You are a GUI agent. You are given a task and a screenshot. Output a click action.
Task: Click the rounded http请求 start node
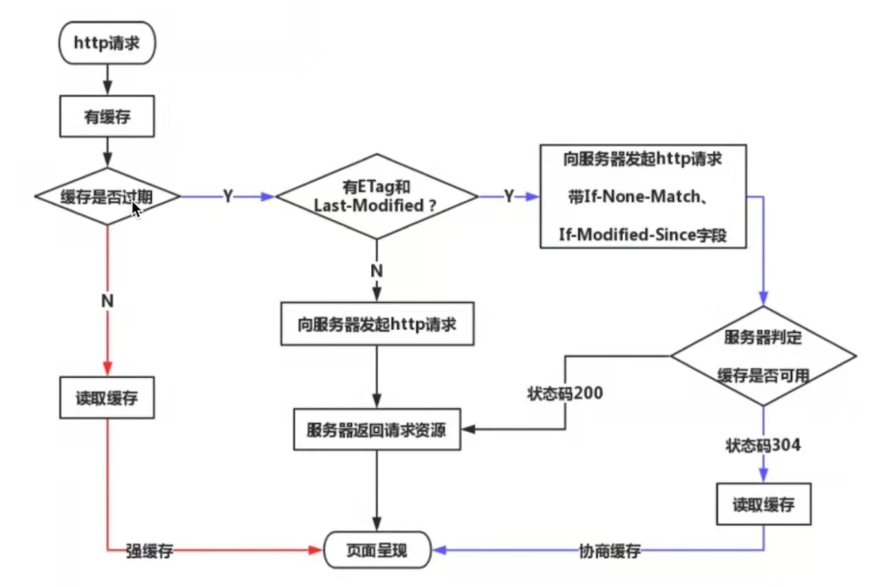[107, 43]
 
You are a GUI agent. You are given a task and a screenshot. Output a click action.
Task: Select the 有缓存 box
[107, 116]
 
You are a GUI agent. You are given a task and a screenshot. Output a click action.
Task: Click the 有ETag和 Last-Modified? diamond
[376, 196]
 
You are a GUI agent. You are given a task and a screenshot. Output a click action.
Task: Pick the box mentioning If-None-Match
[642, 196]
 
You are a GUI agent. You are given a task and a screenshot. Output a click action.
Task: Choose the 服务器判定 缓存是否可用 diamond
[763, 356]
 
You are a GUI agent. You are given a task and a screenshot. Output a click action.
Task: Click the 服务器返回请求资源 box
[376, 430]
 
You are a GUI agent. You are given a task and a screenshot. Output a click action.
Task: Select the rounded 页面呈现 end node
[377, 550]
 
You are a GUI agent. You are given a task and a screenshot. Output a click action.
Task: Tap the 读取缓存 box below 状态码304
[763, 504]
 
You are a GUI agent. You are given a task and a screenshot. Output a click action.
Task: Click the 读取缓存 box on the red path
[107, 398]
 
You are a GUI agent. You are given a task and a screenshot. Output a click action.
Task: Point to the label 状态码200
[565, 393]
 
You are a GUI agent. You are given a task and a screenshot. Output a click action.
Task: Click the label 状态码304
[762, 445]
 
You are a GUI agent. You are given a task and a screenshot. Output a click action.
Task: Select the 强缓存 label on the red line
[149, 551]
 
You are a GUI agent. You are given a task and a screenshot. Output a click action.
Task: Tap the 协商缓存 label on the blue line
[609, 551]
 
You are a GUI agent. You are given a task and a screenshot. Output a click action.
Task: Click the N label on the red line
[107, 300]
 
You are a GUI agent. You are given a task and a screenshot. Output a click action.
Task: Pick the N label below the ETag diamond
[377, 271]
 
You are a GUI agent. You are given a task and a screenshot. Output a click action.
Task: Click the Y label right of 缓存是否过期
[228, 196]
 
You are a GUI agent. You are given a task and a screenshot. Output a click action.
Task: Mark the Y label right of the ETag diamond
[509, 196]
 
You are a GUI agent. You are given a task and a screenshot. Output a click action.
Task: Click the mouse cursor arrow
[136, 210]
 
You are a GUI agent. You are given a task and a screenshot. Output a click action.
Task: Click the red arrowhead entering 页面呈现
[316, 550]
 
